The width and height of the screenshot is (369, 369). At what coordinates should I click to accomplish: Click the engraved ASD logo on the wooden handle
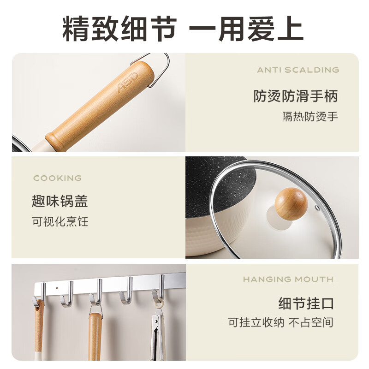point(127,82)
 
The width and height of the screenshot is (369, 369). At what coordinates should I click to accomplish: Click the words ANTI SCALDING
point(298,70)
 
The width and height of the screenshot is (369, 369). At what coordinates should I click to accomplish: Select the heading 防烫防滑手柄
point(296,96)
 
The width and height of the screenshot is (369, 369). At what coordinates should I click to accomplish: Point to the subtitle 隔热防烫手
point(310,116)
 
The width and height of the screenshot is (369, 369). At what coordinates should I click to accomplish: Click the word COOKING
point(57,178)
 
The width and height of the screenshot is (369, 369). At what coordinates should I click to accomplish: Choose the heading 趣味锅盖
point(60,201)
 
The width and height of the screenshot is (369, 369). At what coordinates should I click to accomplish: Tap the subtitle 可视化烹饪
point(60,221)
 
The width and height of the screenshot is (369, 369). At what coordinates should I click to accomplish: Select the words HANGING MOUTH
point(288,280)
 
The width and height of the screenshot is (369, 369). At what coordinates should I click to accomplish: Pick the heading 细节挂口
point(306,304)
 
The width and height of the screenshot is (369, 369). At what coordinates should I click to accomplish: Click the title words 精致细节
point(119,29)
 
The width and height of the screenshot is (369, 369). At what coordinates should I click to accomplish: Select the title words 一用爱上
point(246,29)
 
